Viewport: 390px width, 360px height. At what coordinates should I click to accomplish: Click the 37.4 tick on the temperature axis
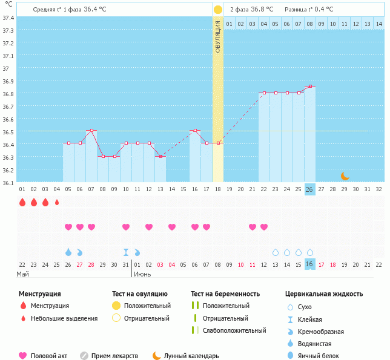pyautogui.click(x=8, y=18)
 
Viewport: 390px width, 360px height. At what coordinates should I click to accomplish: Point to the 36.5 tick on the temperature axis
pyautogui.click(x=8, y=132)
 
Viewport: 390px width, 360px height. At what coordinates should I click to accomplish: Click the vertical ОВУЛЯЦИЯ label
pyautogui.click(x=218, y=36)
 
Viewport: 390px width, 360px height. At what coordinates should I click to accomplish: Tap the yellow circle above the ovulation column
pyautogui.click(x=218, y=10)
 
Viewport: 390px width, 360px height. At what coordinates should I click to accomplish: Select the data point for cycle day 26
pyautogui.click(x=310, y=87)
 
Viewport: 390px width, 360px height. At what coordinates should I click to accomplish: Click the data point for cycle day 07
pyautogui.click(x=91, y=130)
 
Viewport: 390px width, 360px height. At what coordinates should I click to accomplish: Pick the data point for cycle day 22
pyautogui.click(x=264, y=93)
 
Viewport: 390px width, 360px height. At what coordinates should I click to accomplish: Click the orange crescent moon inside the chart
pyautogui.click(x=345, y=176)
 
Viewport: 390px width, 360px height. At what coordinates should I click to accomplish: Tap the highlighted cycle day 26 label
pyautogui.click(x=310, y=189)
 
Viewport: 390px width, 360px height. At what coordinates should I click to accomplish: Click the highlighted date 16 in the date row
pyautogui.click(x=310, y=264)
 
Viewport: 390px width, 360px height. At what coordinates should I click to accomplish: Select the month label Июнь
pyautogui.click(x=142, y=274)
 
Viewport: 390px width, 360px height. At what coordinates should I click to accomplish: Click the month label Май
pyautogui.click(x=22, y=274)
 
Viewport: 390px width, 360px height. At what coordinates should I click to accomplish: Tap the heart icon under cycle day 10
pyautogui.click(x=126, y=227)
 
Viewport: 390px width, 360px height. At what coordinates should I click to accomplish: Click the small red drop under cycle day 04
pyautogui.click(x=57, y=203)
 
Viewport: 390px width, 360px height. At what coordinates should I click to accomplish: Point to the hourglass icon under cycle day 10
pyautogui.click(x=126, y=252)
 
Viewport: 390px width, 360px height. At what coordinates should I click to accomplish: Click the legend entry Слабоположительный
pyautogui.click(x=234, y=330)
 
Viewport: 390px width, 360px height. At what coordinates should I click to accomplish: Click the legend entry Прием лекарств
pyautogui.click(x=114, y=356)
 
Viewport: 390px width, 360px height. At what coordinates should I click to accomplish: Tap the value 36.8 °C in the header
pyautogui.click(x=262, y=10)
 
